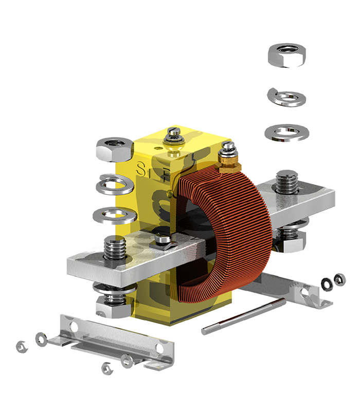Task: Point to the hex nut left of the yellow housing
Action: (x=114, y=149)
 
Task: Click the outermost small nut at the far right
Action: (x=339, y=279)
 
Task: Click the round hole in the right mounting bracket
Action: (x=307, y=293)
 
